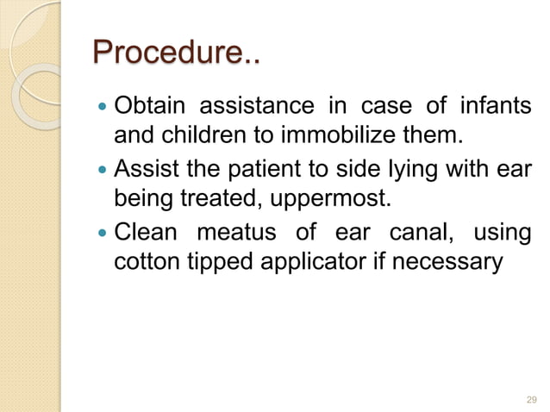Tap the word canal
[418, 234]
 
